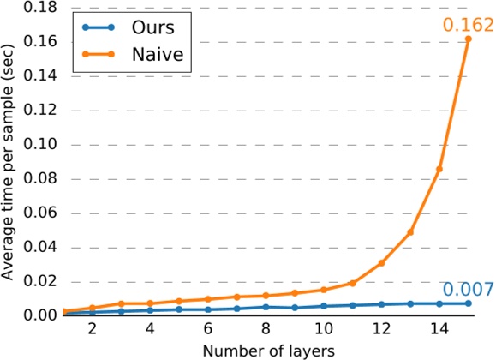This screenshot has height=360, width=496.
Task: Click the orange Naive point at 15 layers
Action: point(468,39)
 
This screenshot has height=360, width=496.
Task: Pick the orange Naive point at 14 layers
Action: point(439,169)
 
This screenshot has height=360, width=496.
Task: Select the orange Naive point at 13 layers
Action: point(410,232)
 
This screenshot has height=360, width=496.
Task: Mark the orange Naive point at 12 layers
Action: point(381,262)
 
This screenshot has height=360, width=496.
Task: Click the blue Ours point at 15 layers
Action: point(468,303)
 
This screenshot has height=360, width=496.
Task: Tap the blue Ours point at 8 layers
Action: point(266,307)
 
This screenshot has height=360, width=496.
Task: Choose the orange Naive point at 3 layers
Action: point(121,303)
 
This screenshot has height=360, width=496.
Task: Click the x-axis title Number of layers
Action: point(266,351)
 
